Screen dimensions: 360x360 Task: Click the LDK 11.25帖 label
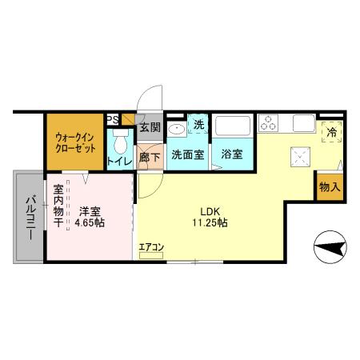pos(210,217)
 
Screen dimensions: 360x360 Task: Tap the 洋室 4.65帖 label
pos(90,217)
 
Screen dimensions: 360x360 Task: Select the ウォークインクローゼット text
pos(75,142)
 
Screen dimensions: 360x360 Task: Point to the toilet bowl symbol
pos(121,142)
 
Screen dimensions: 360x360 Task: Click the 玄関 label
pos(150,127)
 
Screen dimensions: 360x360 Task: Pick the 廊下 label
pos(150,158)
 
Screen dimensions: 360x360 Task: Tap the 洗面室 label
pos(188,154)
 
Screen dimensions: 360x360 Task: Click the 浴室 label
pos(232,154)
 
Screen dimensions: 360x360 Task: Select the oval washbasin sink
pos(177,130)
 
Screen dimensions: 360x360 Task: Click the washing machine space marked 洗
pos(198,124)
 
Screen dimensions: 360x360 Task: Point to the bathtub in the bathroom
pos(233,125)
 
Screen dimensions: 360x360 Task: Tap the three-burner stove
pos(269,123)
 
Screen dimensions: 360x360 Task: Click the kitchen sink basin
pos(304,123)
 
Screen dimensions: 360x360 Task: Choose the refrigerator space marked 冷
pos(332,132)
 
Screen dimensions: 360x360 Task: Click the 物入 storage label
pos(330,187)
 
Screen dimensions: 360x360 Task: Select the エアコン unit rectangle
pos(151,255)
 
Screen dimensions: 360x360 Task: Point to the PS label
pos(113,119)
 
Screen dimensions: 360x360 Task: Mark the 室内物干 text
pos(58,206)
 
